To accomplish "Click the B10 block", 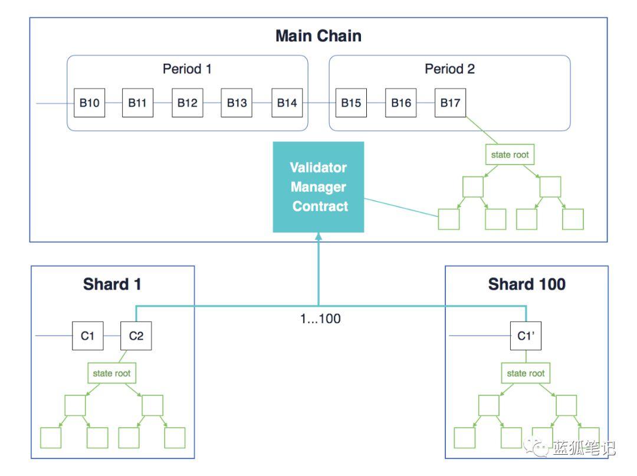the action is click(90, 103).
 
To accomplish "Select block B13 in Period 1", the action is click(237, 103).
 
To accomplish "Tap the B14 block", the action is click(287, 103).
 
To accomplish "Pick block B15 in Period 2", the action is click(351, 103).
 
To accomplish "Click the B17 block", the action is click(450, 103).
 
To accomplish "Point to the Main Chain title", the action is click(318, 36).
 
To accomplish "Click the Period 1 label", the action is click(187, 68).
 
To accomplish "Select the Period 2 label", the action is click(449, 68).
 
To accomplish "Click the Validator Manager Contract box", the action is click(318, 187).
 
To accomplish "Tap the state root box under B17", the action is click(510, 155).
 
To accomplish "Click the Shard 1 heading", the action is click(112, 284).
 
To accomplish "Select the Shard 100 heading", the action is click(527, 284).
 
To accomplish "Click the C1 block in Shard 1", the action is click(88, 336).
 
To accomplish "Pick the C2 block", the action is click(136, 336).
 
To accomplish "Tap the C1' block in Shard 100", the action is click(526, 336).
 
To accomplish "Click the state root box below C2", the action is click(111, 373).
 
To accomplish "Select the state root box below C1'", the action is click(526, 373).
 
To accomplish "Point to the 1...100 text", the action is click(320, 319).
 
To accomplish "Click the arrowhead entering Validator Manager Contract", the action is click(318, 236).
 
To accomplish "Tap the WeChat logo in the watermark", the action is click(536, 448).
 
